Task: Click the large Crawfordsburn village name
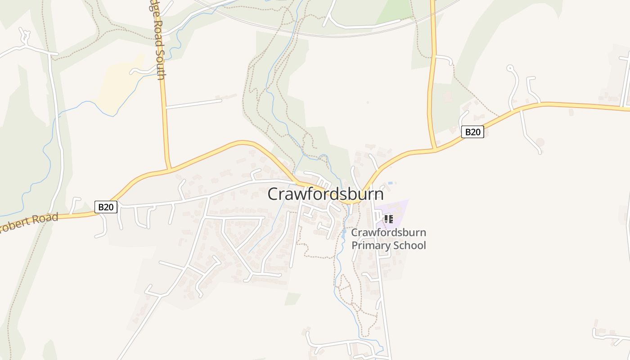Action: (326, 194)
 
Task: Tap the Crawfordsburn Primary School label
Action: (388, 239)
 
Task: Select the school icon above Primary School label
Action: (388, 219)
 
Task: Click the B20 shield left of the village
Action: (106, 207)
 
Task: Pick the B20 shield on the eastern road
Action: (472, 132)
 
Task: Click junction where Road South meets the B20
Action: (168, 169)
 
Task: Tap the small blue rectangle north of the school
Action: (390, 183)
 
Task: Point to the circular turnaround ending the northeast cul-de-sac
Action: (510, 68)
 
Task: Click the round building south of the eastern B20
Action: (540, 142)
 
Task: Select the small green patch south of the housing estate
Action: (292, 298)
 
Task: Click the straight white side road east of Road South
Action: (194, 103)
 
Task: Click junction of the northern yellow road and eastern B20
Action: (434, 149)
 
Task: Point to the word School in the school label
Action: (409, 245)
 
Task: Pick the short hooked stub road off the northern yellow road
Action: (445, 58)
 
